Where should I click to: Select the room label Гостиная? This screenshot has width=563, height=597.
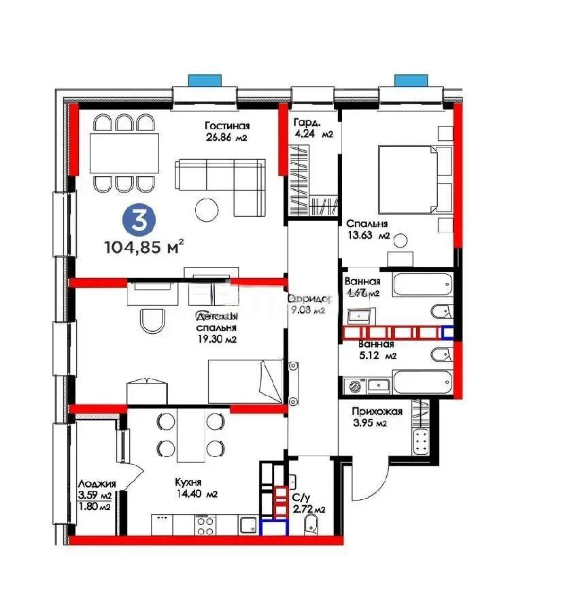click(228, 126)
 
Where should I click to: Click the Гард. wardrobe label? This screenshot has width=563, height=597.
click(303, 122)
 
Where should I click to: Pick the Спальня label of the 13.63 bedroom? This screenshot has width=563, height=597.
click(366, 224)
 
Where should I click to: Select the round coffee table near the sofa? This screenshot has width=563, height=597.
click(206, 207)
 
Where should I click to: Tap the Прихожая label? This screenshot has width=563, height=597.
click(377, 411)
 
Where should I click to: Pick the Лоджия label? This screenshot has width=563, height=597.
click(95, 483)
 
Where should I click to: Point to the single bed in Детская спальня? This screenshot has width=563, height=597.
click(245, 381)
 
